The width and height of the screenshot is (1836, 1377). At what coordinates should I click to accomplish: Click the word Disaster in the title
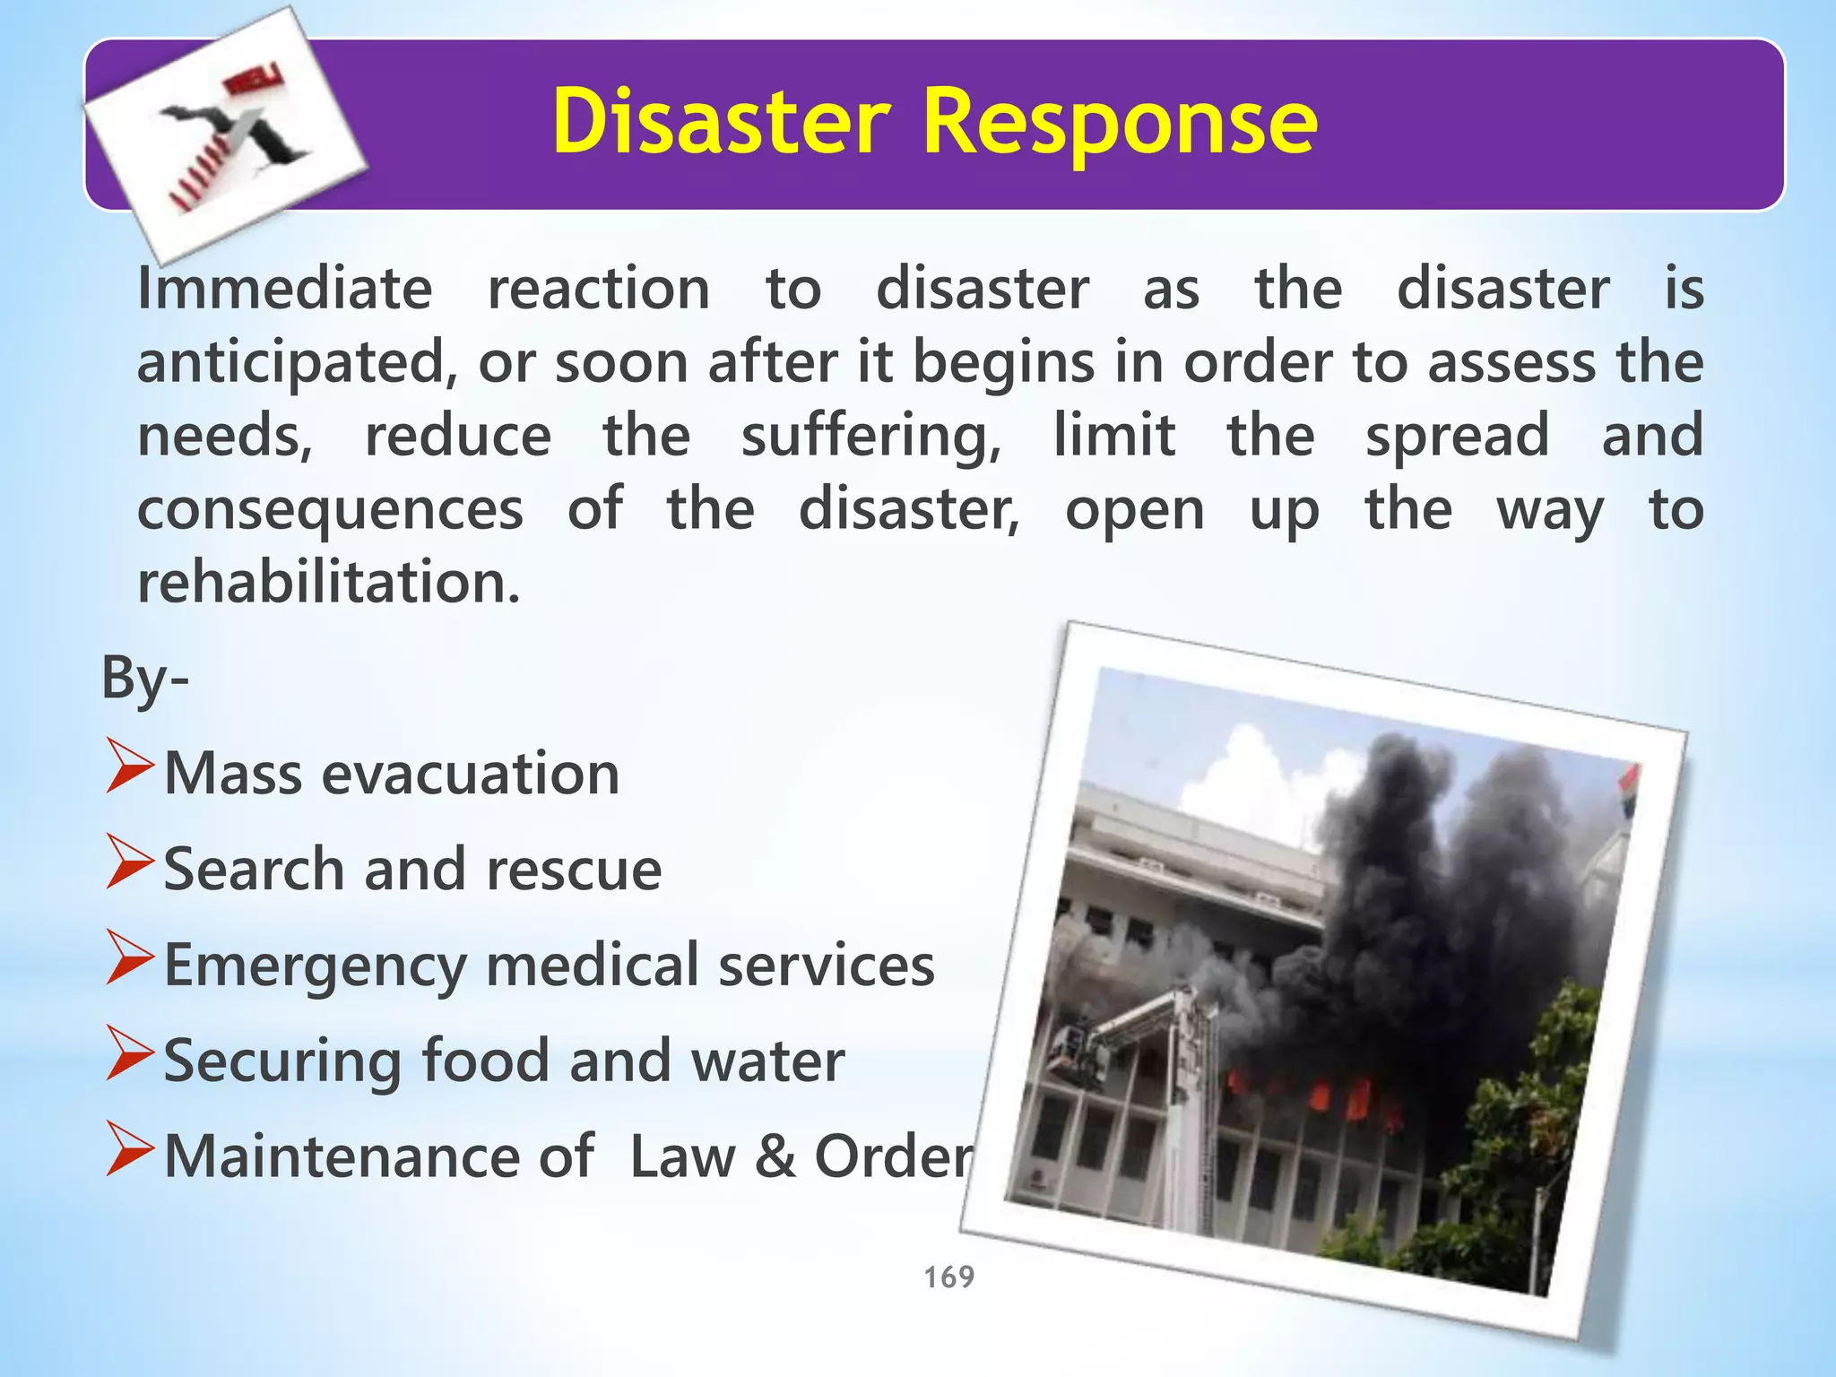722,122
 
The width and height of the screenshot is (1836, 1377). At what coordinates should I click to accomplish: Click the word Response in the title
1120,124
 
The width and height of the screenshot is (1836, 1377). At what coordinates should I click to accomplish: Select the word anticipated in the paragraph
290,363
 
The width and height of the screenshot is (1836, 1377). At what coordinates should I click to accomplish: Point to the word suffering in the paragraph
870,437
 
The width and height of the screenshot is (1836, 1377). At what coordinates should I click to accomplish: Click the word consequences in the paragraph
330,509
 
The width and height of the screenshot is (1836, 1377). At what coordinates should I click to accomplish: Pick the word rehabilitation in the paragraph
328,583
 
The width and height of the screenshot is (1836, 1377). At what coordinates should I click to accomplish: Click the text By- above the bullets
144,678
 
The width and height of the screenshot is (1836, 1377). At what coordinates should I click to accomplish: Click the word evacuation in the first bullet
471,774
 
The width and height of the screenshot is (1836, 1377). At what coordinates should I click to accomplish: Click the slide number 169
948,1277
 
